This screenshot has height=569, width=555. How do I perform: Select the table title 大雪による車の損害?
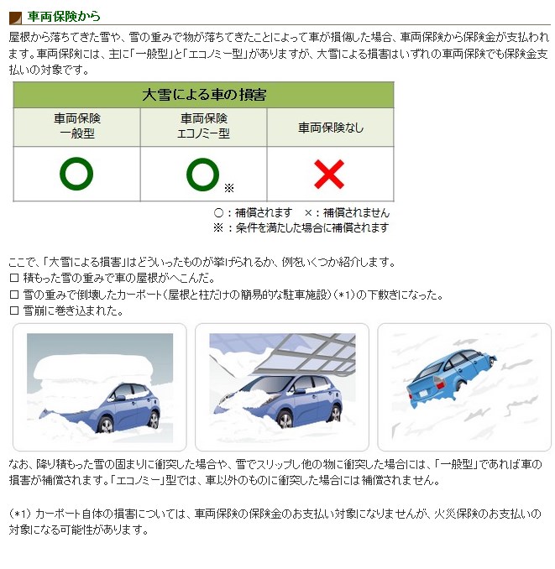pos(203,95)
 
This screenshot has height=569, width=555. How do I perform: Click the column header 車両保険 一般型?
pos(76,127)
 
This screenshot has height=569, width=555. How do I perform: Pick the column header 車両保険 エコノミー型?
pos(203,127)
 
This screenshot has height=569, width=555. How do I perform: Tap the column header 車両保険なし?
pos(330,128)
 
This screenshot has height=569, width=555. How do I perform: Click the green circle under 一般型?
pos(76,174)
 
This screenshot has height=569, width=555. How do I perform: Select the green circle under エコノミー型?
pos(202,174)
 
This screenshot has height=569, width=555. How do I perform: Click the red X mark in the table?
pos(329,174)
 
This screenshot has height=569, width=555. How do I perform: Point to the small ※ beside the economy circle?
pos(228,187)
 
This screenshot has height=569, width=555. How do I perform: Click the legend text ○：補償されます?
pos(253,213)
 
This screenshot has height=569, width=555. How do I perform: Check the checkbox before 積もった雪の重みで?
pos(13,279)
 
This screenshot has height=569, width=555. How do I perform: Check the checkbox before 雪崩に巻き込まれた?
pos(13,311)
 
